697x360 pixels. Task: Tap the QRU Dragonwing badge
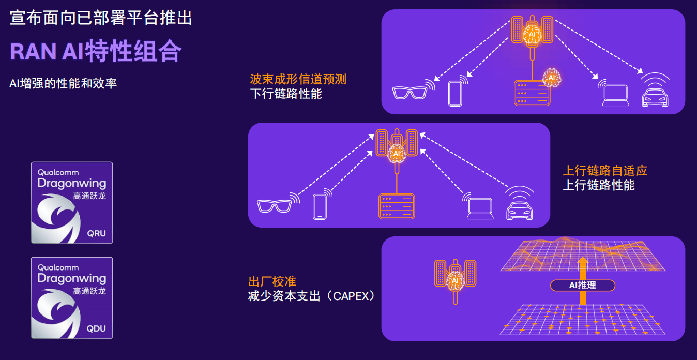pyautogui.click(x=72, y=203)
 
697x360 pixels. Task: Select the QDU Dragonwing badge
pyautogui.click(x=72, y=298)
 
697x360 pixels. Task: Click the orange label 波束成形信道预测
pyautogui.click(x=298, y=79)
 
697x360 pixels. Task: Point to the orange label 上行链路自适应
pyautogui.click(x=605, y=171)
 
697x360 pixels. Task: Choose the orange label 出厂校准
pyautogui.click(x=272, y=281)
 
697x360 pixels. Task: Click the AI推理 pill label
pyautogui.click(x=582, y=285)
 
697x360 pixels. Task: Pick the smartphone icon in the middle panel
pyautogui.click(x=320, y=206)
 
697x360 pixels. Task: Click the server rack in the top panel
pyautogui.click(x=532, y=93)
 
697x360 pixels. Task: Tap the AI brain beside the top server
pyautogui.click(x=551, y=78)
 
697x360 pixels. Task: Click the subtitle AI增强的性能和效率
pyautogui.click(x=63, y=83)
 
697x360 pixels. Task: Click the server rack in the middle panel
pyautogui.click(x=397, y=206)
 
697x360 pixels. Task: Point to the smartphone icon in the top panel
pyautogui.click(x=455, y=93)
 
